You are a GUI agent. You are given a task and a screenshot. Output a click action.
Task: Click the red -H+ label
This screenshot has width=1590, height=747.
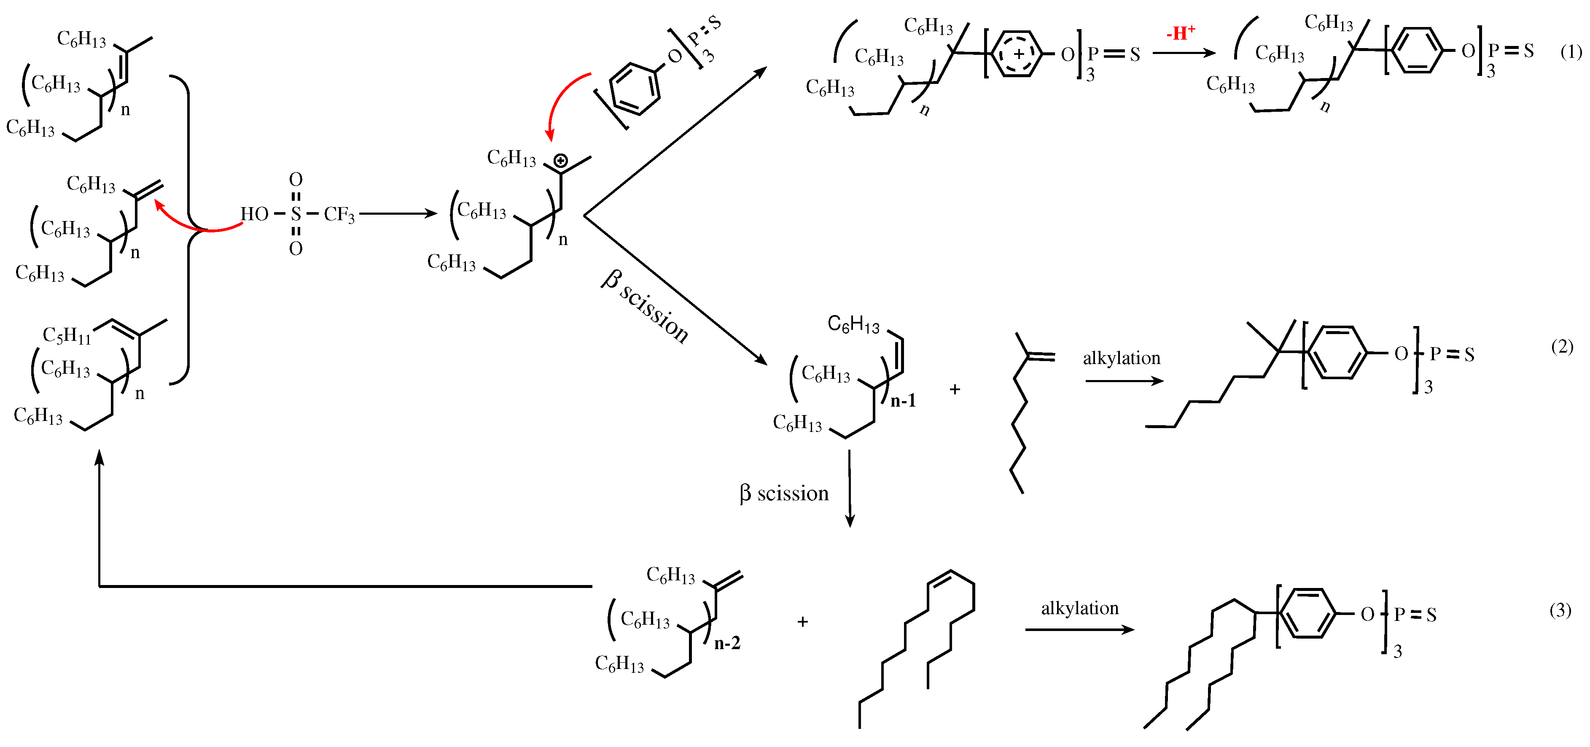pos(1180,33)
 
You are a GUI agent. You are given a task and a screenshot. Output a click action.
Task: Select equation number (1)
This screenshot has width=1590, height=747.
pos(1570,52)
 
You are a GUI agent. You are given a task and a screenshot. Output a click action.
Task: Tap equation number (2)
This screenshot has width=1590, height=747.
pos(1562,347)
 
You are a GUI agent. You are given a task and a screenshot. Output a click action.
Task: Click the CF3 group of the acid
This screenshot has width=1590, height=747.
pos(339,215)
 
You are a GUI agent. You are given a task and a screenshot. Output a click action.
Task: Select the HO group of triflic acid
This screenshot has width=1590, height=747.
pos(254,214)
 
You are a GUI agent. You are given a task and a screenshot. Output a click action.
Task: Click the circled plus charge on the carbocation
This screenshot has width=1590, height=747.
pos(560,162)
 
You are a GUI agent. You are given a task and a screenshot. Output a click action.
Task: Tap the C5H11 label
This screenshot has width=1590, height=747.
pos(67,335)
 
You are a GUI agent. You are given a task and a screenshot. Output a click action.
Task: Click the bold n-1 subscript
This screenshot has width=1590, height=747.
pos(903,401)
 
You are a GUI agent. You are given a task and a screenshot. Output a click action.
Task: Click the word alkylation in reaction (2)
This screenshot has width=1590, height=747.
pos(1122,358)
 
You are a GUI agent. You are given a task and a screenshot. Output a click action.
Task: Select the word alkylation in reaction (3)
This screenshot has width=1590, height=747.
pos(1079,608)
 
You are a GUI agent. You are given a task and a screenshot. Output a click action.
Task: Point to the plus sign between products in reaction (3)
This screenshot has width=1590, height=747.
pos(802,622)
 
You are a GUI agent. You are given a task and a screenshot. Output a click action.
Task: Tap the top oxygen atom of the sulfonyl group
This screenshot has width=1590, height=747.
pos(296,180)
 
